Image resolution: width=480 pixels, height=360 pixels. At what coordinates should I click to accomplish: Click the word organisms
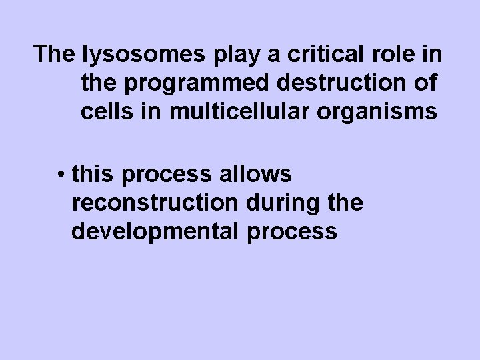[x=385, y=113]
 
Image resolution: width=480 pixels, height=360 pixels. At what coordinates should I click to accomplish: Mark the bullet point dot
[x=61, y=175]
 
